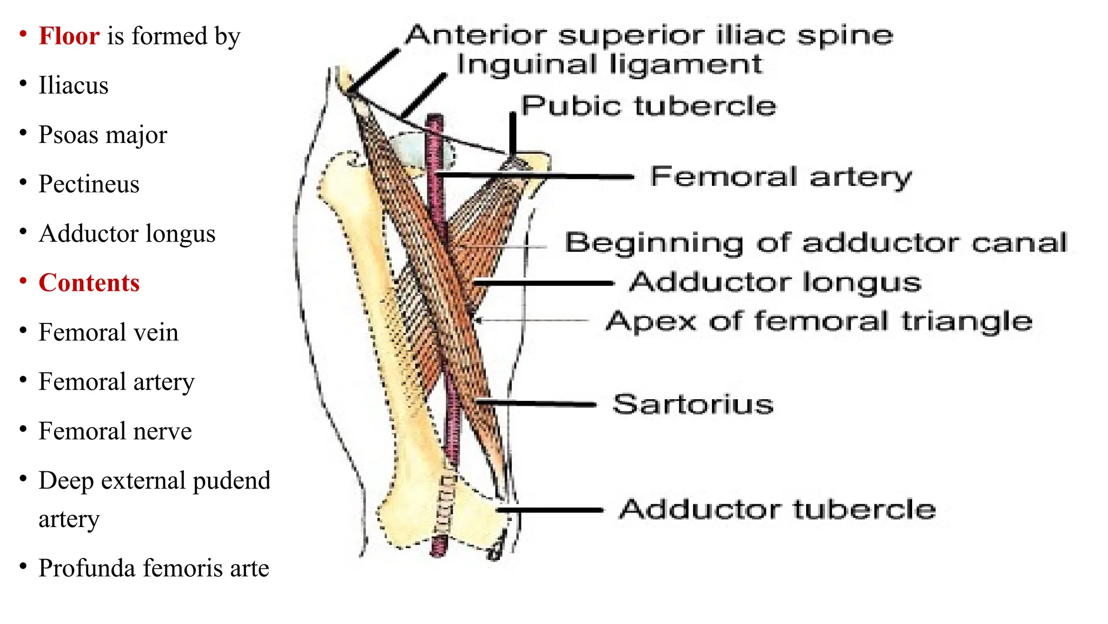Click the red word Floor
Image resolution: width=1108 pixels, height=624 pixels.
click(x=69, y=36)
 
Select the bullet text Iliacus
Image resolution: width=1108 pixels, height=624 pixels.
click(x=73, y=86)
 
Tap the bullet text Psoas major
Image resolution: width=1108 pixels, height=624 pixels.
click(x=103, y=135)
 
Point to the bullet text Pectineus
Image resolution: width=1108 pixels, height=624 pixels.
click(x=89, y=184)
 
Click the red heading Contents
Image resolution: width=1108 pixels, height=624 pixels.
click(x=89, y=283)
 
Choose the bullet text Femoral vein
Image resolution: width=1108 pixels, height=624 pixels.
click(x=108, y=332)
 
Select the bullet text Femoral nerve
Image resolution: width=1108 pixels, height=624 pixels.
click(x=115, y=431)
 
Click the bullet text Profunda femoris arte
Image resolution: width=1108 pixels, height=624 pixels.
click(x=154, y=568)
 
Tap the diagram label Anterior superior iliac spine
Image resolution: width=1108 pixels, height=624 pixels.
click(x=649, y=35)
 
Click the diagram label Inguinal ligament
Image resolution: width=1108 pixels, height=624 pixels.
click(x=609, y=64)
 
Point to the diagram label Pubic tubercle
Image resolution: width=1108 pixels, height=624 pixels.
click(x=648, y=106)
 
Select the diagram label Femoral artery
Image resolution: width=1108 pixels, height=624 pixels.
click(x=781, y=177)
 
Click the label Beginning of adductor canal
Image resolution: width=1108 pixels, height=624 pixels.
click(x=816, y=243)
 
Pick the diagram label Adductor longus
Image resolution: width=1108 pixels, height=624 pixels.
click(x=775, y=282)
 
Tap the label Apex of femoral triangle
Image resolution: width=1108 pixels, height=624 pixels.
click(x=819, y=321)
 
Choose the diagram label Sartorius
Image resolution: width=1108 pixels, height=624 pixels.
click(x=693, y=405)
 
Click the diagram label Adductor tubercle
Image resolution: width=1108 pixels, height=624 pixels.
click(x=777, y=510)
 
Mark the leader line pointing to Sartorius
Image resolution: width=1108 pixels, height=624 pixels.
click(x=536, y=404)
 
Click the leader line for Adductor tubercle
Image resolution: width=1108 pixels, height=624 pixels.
click(x=549, y=510)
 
